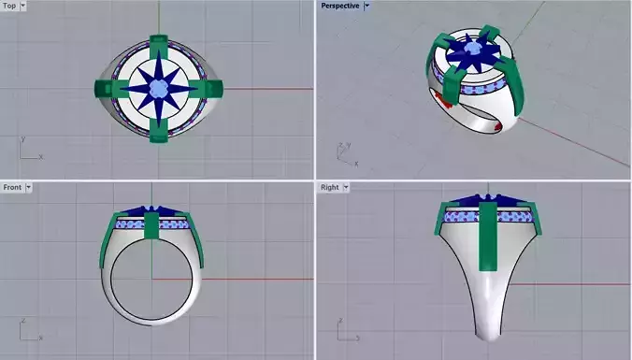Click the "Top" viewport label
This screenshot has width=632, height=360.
[9, 6]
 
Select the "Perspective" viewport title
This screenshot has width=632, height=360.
[339, 6]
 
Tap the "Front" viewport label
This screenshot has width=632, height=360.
[12, 187]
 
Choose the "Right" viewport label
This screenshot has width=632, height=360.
[329, 187]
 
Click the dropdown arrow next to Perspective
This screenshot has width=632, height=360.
[367, 6]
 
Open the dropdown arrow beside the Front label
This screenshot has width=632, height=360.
[29, 187]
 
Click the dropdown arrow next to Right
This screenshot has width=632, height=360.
[346, 187]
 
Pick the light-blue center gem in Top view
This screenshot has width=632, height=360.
[158, 89]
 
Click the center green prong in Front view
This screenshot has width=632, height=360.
[152, 226]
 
